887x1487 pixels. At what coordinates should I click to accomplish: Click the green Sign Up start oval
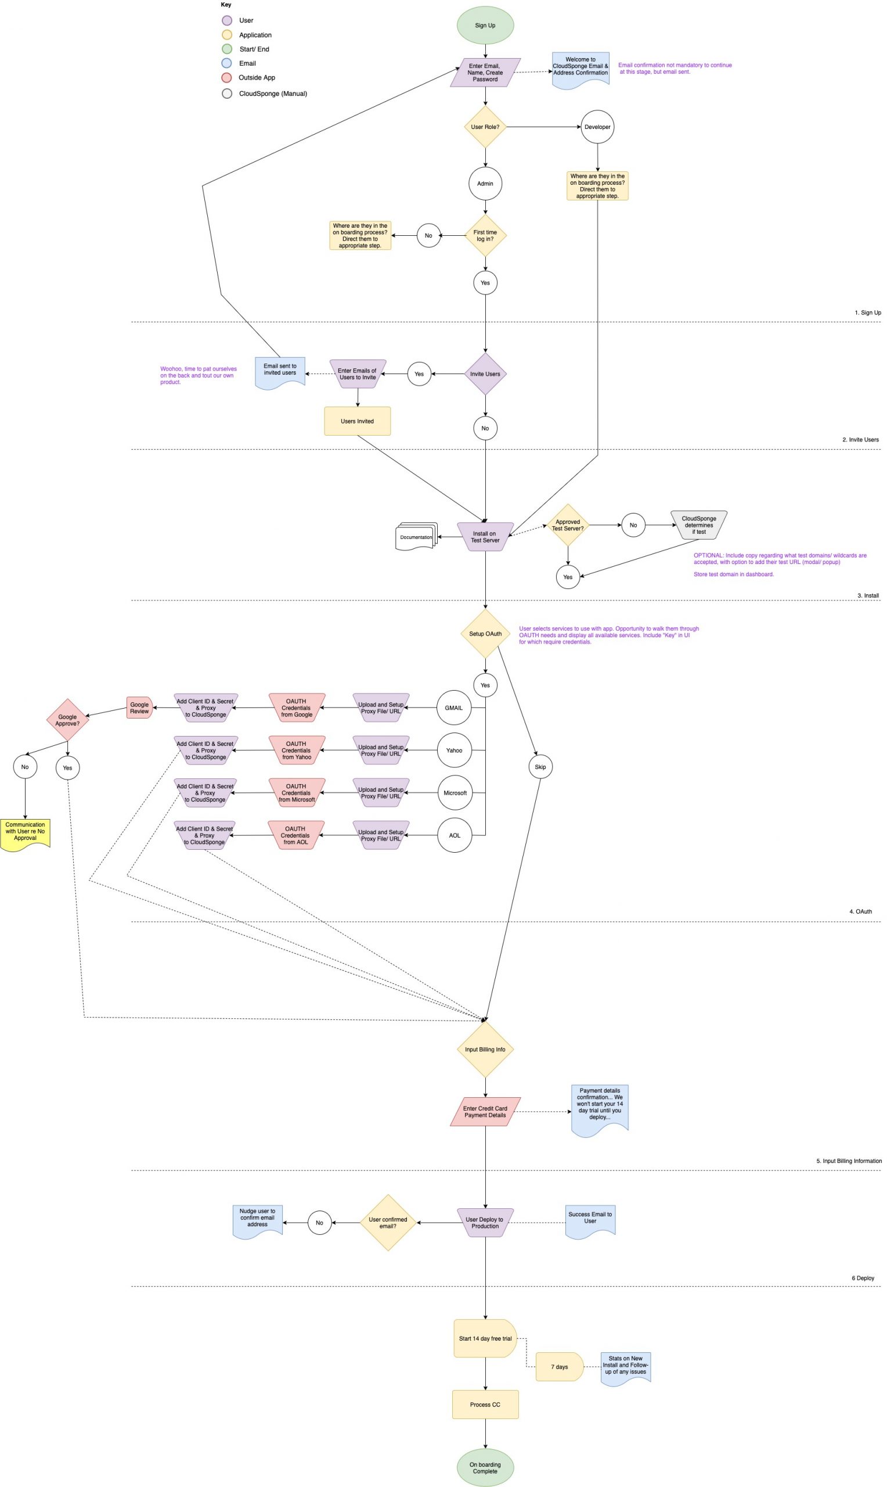point(485,25)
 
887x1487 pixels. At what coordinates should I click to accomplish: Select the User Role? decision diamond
point(485,127)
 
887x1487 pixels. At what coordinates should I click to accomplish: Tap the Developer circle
point(597,127)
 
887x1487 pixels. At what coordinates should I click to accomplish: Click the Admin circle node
point(485,184)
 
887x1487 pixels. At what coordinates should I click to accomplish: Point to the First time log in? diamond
point(485,236)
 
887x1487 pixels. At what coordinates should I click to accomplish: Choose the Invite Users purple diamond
point(485,373)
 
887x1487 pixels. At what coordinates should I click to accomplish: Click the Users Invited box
point(357,421)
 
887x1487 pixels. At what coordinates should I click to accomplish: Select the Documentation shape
point(416,536)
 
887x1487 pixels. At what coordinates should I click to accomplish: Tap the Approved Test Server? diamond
point(567,525)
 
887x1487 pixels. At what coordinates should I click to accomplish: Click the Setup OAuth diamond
point(485,634)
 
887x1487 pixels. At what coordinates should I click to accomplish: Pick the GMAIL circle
point(454,708)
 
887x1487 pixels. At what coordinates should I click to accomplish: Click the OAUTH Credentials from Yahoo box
point(297,750)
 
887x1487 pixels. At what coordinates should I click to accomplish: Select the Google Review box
point(139,708)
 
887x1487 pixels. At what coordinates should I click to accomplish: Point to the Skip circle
point(540,767)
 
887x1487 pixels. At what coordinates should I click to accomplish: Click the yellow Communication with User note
point(25,832)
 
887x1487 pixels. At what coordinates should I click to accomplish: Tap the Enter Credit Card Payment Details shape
point(485,1112)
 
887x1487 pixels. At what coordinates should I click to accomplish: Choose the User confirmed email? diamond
point(388,1223)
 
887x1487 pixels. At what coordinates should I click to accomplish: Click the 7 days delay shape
point(559,1367)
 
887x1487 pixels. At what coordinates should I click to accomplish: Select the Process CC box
point(485,1405)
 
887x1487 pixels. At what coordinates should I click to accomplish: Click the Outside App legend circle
point(226,78)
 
